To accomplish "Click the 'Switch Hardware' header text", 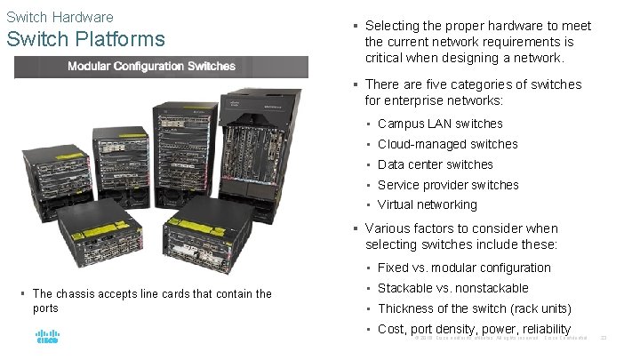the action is coord(60,17).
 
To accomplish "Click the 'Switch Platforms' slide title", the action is coord(85,39).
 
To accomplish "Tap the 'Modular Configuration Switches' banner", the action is coord(152,67).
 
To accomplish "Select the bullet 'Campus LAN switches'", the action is coord(440,124).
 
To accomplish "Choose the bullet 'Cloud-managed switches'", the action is coord(447,144).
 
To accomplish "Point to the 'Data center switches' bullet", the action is coord(435,164).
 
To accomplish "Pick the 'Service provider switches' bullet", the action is coord(448,185).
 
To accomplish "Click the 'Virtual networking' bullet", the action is coord(427,204).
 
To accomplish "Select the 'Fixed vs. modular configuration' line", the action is coord(464,268).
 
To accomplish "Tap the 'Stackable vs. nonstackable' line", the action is coord(452,288).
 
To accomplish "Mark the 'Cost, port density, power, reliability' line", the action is coord(474,329).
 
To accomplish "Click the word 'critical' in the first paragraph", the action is coord(385,58).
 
